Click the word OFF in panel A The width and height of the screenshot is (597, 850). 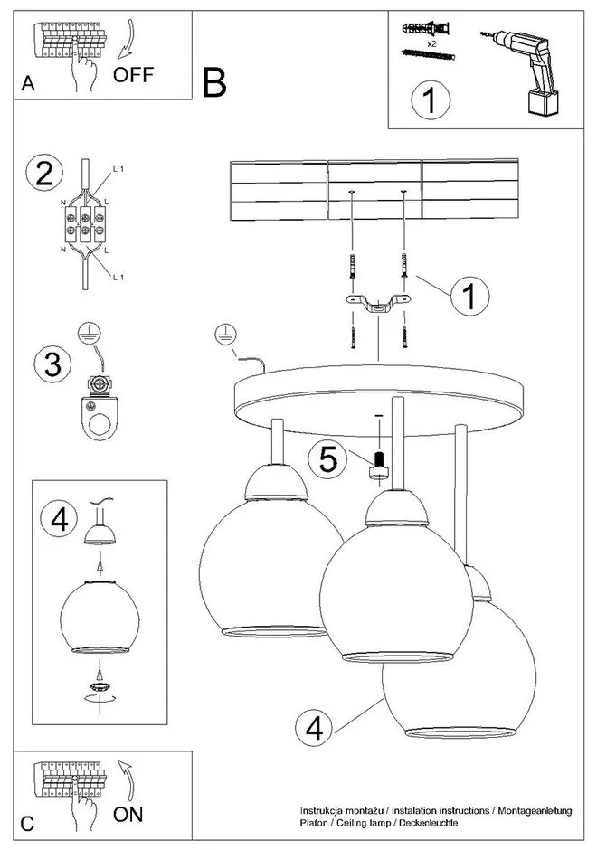133,74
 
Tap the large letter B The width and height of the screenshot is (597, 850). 215,83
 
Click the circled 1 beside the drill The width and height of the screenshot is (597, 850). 429,100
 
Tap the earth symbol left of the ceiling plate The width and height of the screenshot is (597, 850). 223,335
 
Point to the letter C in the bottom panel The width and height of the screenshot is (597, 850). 27,824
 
